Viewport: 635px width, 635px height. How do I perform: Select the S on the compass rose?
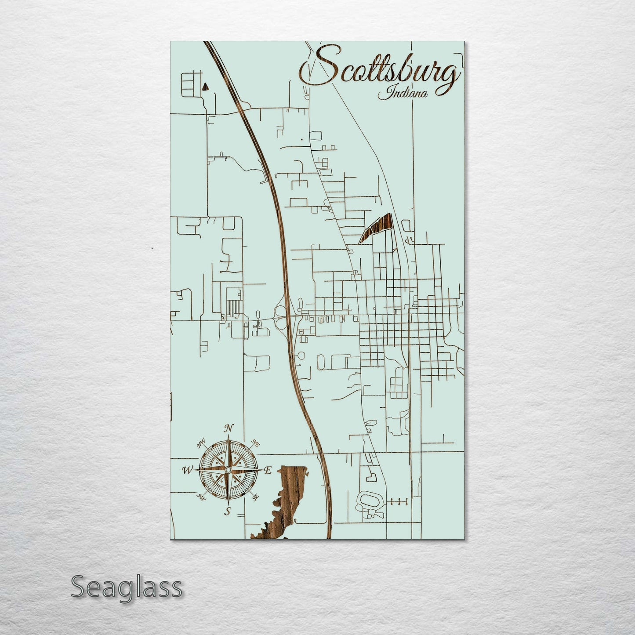tap(227, 511)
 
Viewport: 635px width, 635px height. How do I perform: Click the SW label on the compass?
tap(201, 497)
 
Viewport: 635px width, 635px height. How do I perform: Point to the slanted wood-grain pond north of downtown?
tap(376, 227)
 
